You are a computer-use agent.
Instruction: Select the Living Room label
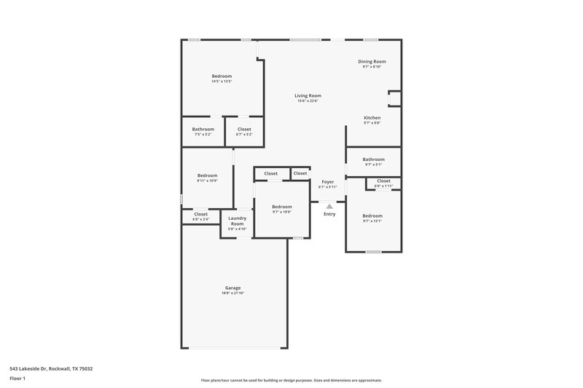[308, 95]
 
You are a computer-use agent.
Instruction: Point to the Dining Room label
[372, 61]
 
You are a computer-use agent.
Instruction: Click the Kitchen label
[372, 117]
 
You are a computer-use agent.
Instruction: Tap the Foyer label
[328, 181]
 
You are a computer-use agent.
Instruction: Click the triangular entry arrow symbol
[329, 207]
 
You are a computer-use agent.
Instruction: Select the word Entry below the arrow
[329, 214]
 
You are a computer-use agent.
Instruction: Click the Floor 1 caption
[17, 379]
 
